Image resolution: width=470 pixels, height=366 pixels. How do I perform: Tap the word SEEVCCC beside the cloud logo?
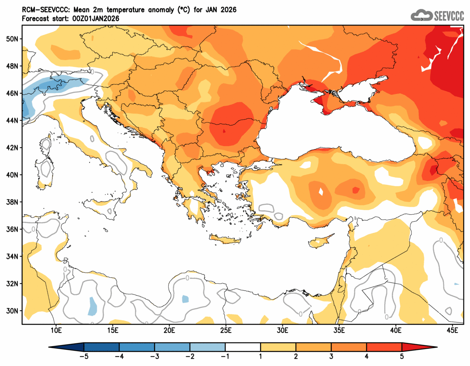[x=449, y=16]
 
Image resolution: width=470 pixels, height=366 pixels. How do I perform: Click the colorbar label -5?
[x=84, y=356]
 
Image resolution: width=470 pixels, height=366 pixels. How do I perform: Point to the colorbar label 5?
[x=402, y=356]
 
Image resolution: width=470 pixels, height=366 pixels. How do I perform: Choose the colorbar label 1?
[x=261, y=356]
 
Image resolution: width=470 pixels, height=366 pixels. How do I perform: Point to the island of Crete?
[x=226, y=241]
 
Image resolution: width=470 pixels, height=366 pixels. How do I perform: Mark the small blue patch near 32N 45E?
[x=457, y=284]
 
